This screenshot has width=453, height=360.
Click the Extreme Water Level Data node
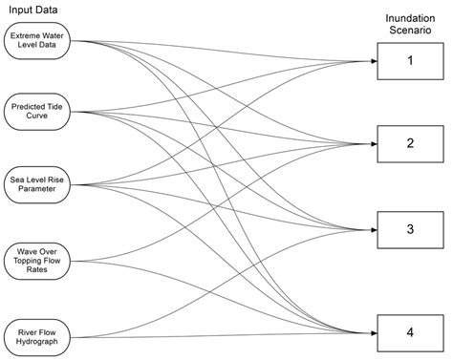click(x=38, y=41)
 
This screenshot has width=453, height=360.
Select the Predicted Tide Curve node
click(x=38, y=112)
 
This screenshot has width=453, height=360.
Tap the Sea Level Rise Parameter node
click(x=38, y=184)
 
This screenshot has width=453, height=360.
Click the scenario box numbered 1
click(x=410, y=61)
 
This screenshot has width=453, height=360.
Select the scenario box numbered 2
click(x=410, y=142)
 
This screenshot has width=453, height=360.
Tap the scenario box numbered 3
click(x=410, y=229)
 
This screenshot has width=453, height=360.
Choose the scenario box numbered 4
click(x=410, y=332)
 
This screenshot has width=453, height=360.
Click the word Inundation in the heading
click(x=410, y=18)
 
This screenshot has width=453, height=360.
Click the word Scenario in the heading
click(x=410, y=32)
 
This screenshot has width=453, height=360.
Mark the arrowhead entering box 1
click(x=372, y=61)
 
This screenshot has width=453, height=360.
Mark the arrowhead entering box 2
click(x=372, y=142)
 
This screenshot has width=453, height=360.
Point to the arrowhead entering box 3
click(x=372, y=230)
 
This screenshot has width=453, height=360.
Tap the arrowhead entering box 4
click(x=372, y=332)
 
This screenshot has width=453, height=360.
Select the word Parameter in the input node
click(x=38, y=190)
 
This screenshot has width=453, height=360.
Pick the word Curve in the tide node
click(x=38, y=117)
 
